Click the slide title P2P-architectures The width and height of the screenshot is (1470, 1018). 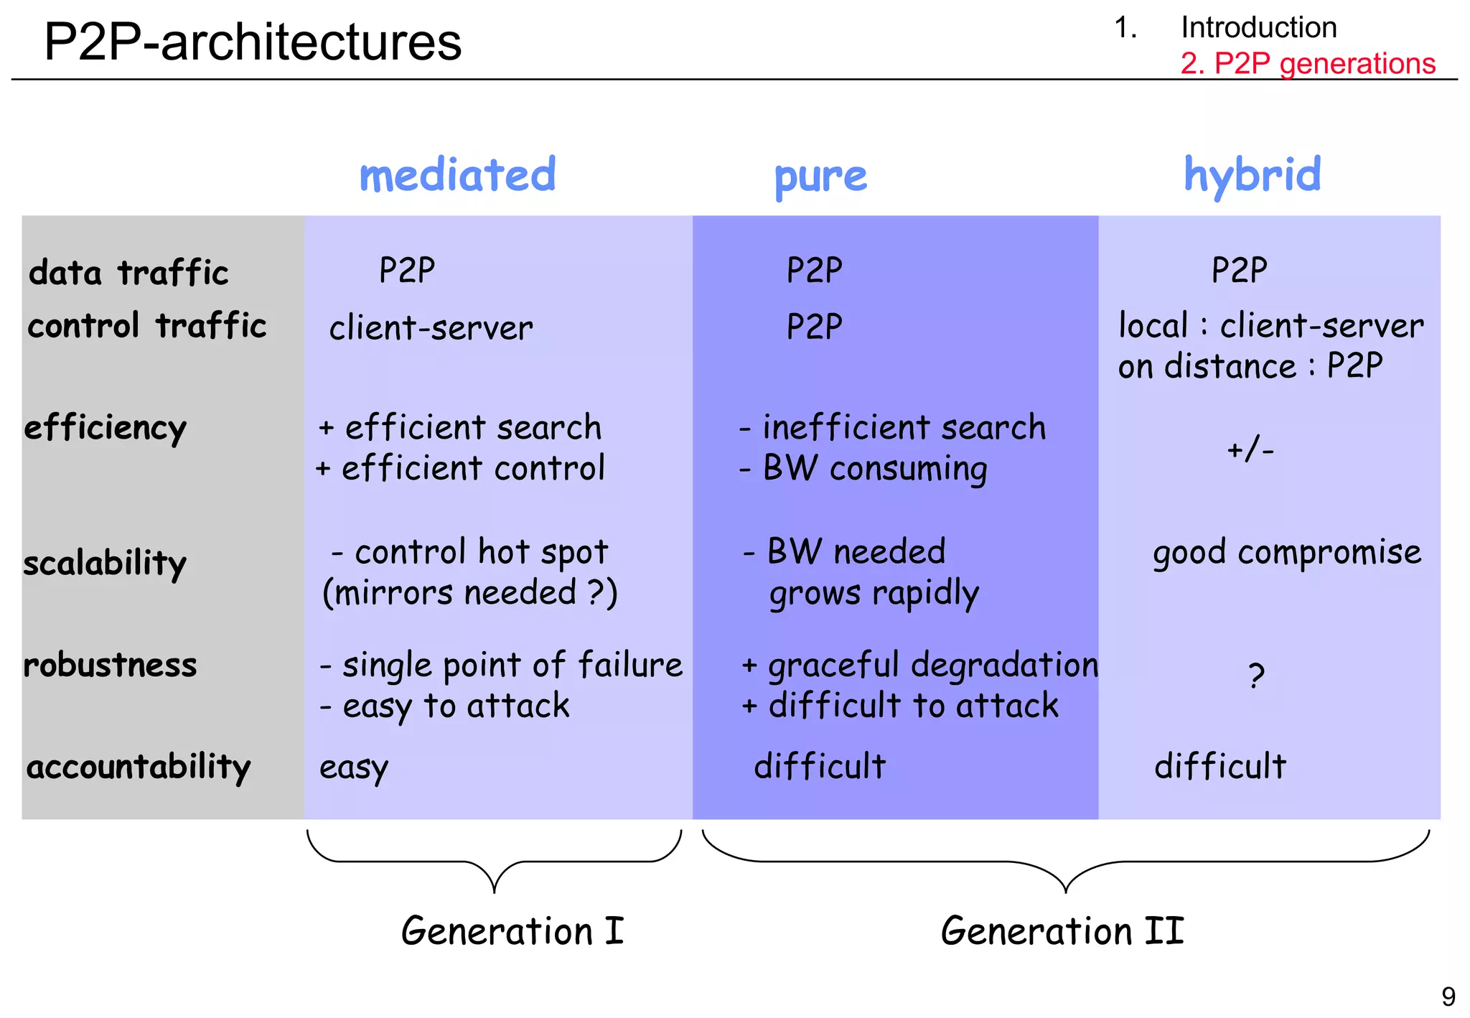coord(253,42)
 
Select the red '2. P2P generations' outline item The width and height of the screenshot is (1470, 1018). coord(1307,63)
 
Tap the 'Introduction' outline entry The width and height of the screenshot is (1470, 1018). coord(1258,27)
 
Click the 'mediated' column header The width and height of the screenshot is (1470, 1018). coord(457,174)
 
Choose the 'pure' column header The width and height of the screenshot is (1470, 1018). coord(820,177)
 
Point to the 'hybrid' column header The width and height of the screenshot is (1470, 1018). coord(1252,174)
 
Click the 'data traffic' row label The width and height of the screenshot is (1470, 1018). coord(128,273)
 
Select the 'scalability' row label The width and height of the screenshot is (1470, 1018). coord(105,564)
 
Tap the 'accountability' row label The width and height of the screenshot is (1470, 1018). coord(139,767)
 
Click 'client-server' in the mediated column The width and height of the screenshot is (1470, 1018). coord(431,328)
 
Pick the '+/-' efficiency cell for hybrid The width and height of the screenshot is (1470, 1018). coord(1250,450)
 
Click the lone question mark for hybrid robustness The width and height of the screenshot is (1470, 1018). coord(1255,676)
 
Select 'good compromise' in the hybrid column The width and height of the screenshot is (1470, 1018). coord(1286,553)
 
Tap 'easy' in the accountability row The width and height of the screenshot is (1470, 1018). coord(353,767)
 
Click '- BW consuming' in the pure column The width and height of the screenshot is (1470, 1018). coord(863,469)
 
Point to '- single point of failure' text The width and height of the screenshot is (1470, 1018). coord(501,665)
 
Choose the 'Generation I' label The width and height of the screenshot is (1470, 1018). coord(512,931)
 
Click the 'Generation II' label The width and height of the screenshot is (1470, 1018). coord(1062,931)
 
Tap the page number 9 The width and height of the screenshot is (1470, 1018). coord(1448,996)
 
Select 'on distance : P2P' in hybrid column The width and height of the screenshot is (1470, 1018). coord(1250,366)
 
